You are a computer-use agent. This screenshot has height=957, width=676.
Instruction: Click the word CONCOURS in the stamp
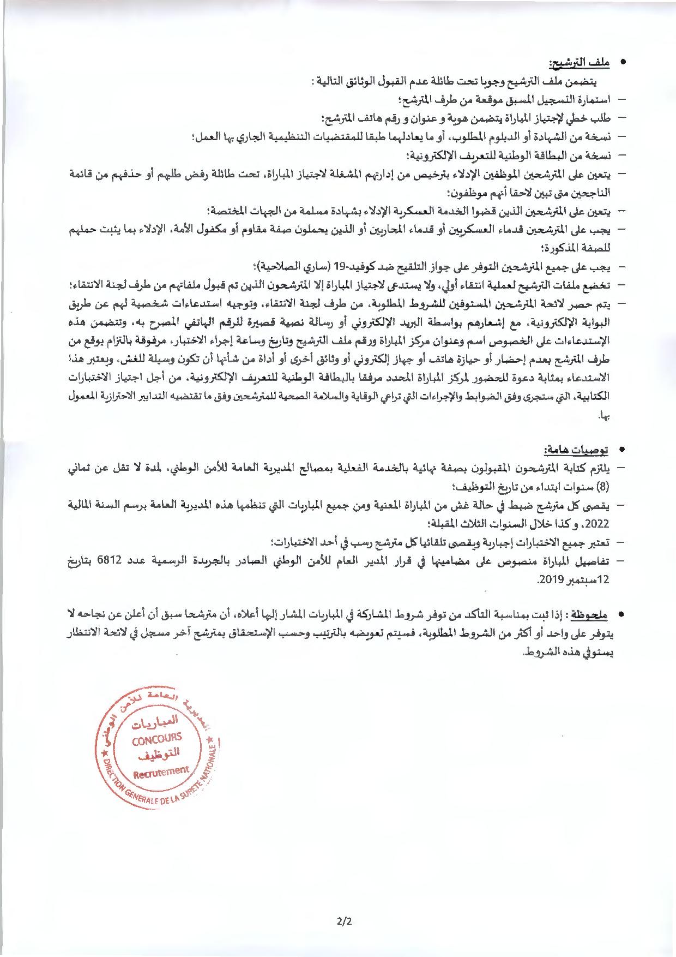(157, 739)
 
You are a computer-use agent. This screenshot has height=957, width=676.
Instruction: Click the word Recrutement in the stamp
(161, 771)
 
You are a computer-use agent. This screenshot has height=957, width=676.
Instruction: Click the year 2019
(547, 579)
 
